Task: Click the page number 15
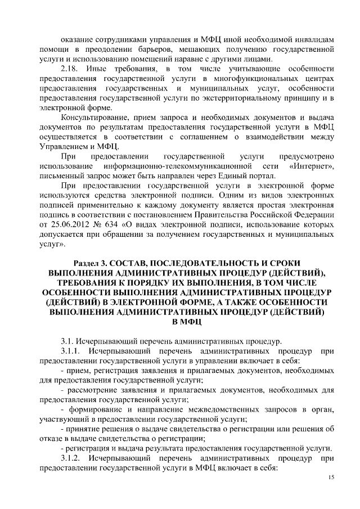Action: point(331,477)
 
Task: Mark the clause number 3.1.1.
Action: point(71,351)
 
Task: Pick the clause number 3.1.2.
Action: point(71,459)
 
